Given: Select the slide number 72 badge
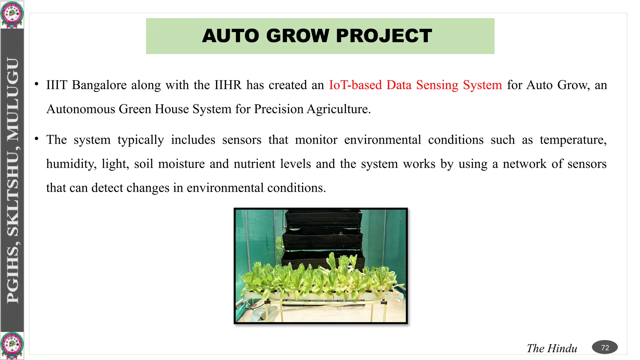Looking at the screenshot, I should [x=605, y=347].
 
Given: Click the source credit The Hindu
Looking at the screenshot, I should [x=552, y=348].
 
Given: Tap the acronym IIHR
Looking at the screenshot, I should [x=228, y=85].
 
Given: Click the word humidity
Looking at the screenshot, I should [x=71, y=164].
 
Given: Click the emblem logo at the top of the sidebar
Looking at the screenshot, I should [x=12, y=14].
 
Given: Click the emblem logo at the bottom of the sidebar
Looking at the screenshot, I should [x=12, y=346].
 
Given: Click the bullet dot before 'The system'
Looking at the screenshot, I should [x=37, y=138].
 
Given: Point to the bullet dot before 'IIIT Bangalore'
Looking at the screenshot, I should [x=37, y=84].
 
